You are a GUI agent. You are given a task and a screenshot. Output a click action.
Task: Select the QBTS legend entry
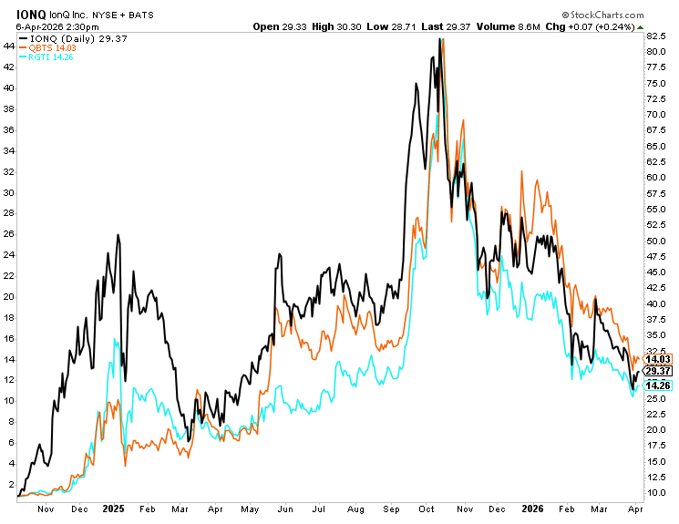click(43, 47)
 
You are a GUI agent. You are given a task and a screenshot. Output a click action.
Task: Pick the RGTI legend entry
click(42, 57)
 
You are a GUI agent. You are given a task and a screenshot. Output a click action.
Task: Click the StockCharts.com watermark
click(614, 15)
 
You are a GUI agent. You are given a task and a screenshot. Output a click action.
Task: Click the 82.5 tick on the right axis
click(656, 36)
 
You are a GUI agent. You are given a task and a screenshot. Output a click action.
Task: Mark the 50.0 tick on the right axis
click(656, 241)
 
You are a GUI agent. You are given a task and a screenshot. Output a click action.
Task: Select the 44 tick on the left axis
click(9, 45)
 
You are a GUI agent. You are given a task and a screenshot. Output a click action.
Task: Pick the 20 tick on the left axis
click(9, 296)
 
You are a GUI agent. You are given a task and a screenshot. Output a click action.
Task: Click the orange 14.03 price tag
click(657, 360)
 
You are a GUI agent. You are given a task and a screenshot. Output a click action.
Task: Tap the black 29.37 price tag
click(657, 371)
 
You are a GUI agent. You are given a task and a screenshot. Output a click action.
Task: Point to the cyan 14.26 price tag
click(657, 385)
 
